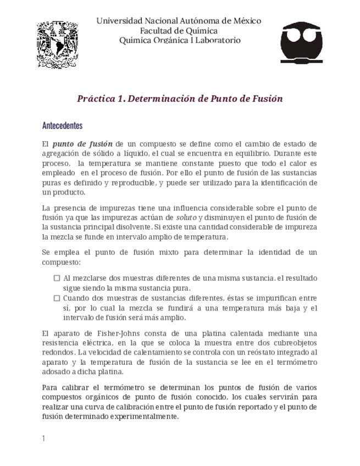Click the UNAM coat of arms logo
57,45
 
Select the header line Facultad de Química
179,31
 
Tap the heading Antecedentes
62,126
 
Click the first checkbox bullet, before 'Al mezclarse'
57,278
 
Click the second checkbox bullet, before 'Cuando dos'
57,298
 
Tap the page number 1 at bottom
44,439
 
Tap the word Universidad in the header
119,21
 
